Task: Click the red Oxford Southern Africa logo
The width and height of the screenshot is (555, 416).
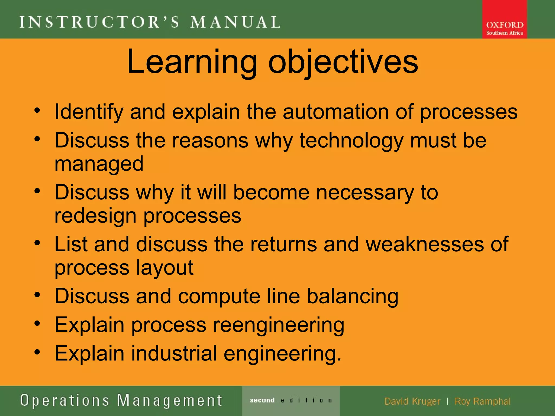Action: (504, 19)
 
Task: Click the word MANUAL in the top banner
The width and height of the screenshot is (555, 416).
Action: (235, 22)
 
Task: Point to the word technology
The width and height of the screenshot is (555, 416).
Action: (351, 141)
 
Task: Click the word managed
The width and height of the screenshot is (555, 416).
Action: (99, 164)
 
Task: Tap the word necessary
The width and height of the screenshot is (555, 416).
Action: (365, 192)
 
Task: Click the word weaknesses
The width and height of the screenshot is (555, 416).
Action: (424, 244)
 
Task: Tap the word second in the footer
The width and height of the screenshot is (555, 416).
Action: (262, 400)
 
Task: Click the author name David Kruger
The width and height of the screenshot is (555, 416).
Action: (412, 401)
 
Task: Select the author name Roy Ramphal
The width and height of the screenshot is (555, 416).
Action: (482, 401)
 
